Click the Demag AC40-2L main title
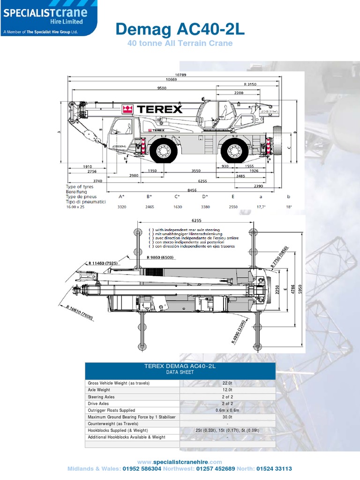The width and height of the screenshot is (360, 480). click(x=180, y=30)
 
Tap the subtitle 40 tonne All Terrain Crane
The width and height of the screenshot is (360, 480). click(x=180, y=44)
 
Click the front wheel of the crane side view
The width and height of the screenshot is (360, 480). click(x=164, y=151)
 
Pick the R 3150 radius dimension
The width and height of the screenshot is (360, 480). click(x=251, y=84)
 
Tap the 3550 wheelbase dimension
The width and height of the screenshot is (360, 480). click(x=196, y=171)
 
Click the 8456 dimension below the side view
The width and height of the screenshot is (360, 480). click(x=193, y=190)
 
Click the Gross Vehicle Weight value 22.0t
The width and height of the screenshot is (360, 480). click(x=227, y=383)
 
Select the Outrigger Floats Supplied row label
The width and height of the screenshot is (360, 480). click(x=112, y=410)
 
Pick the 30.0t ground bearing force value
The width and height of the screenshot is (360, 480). click(x=227, y=417)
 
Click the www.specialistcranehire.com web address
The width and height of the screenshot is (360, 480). click(x=180, y=462)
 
